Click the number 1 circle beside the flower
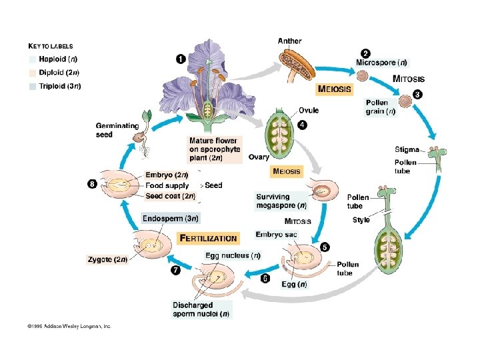(x=181, y=59)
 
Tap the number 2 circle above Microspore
(x=365, y=53)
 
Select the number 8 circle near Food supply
(x=92, y=183)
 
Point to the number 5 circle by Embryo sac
(x=325, y=247)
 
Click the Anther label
(x=289, y=41)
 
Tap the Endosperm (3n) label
(x=170, y=218)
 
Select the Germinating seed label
(x=117, y=129)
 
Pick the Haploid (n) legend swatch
(x=33, y=59)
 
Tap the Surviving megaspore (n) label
(x=281, y=201)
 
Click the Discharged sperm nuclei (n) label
(x=201, y=309)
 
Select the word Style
(x=361, y=220)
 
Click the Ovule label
(x=308, y=110)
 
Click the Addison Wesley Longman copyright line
(x=69, y=327)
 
